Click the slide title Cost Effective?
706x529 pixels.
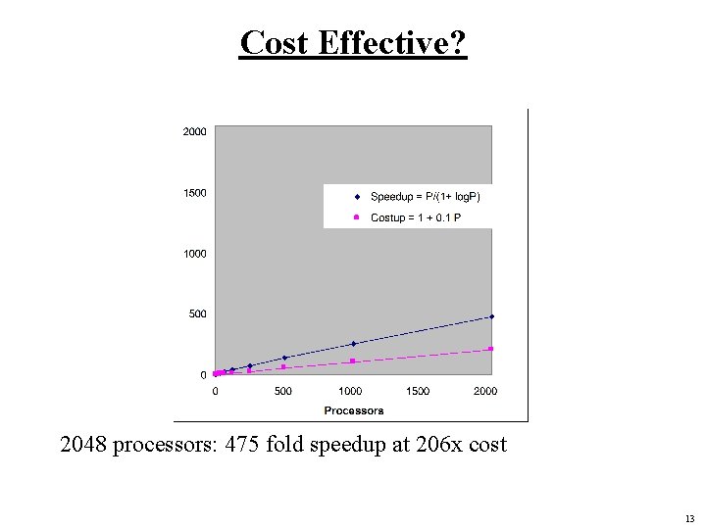click(353, 43)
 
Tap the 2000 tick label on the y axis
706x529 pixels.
click(194, 132)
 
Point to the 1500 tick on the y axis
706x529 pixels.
click(194, 193)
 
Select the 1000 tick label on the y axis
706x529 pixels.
click(194, 254)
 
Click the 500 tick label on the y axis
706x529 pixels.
click(198, 314)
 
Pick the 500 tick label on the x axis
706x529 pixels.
click(282, 392)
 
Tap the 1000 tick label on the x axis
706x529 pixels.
click(350, 392)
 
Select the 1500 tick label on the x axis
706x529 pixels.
click(418, 392)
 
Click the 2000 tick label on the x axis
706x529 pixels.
click(485, 392)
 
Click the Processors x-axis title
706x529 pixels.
click(353, 410)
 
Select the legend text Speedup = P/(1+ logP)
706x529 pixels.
click(425, 197)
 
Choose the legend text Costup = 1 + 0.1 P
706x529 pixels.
click(415, 217)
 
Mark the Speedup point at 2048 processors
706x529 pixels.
click(491, 316)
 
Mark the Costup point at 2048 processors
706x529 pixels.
click(491, 349)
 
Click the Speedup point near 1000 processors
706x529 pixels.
click(353, 344)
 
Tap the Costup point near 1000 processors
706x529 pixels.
click(353, 361)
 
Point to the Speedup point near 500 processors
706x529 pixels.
click(284, 358)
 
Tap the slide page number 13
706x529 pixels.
click(689, 518)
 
